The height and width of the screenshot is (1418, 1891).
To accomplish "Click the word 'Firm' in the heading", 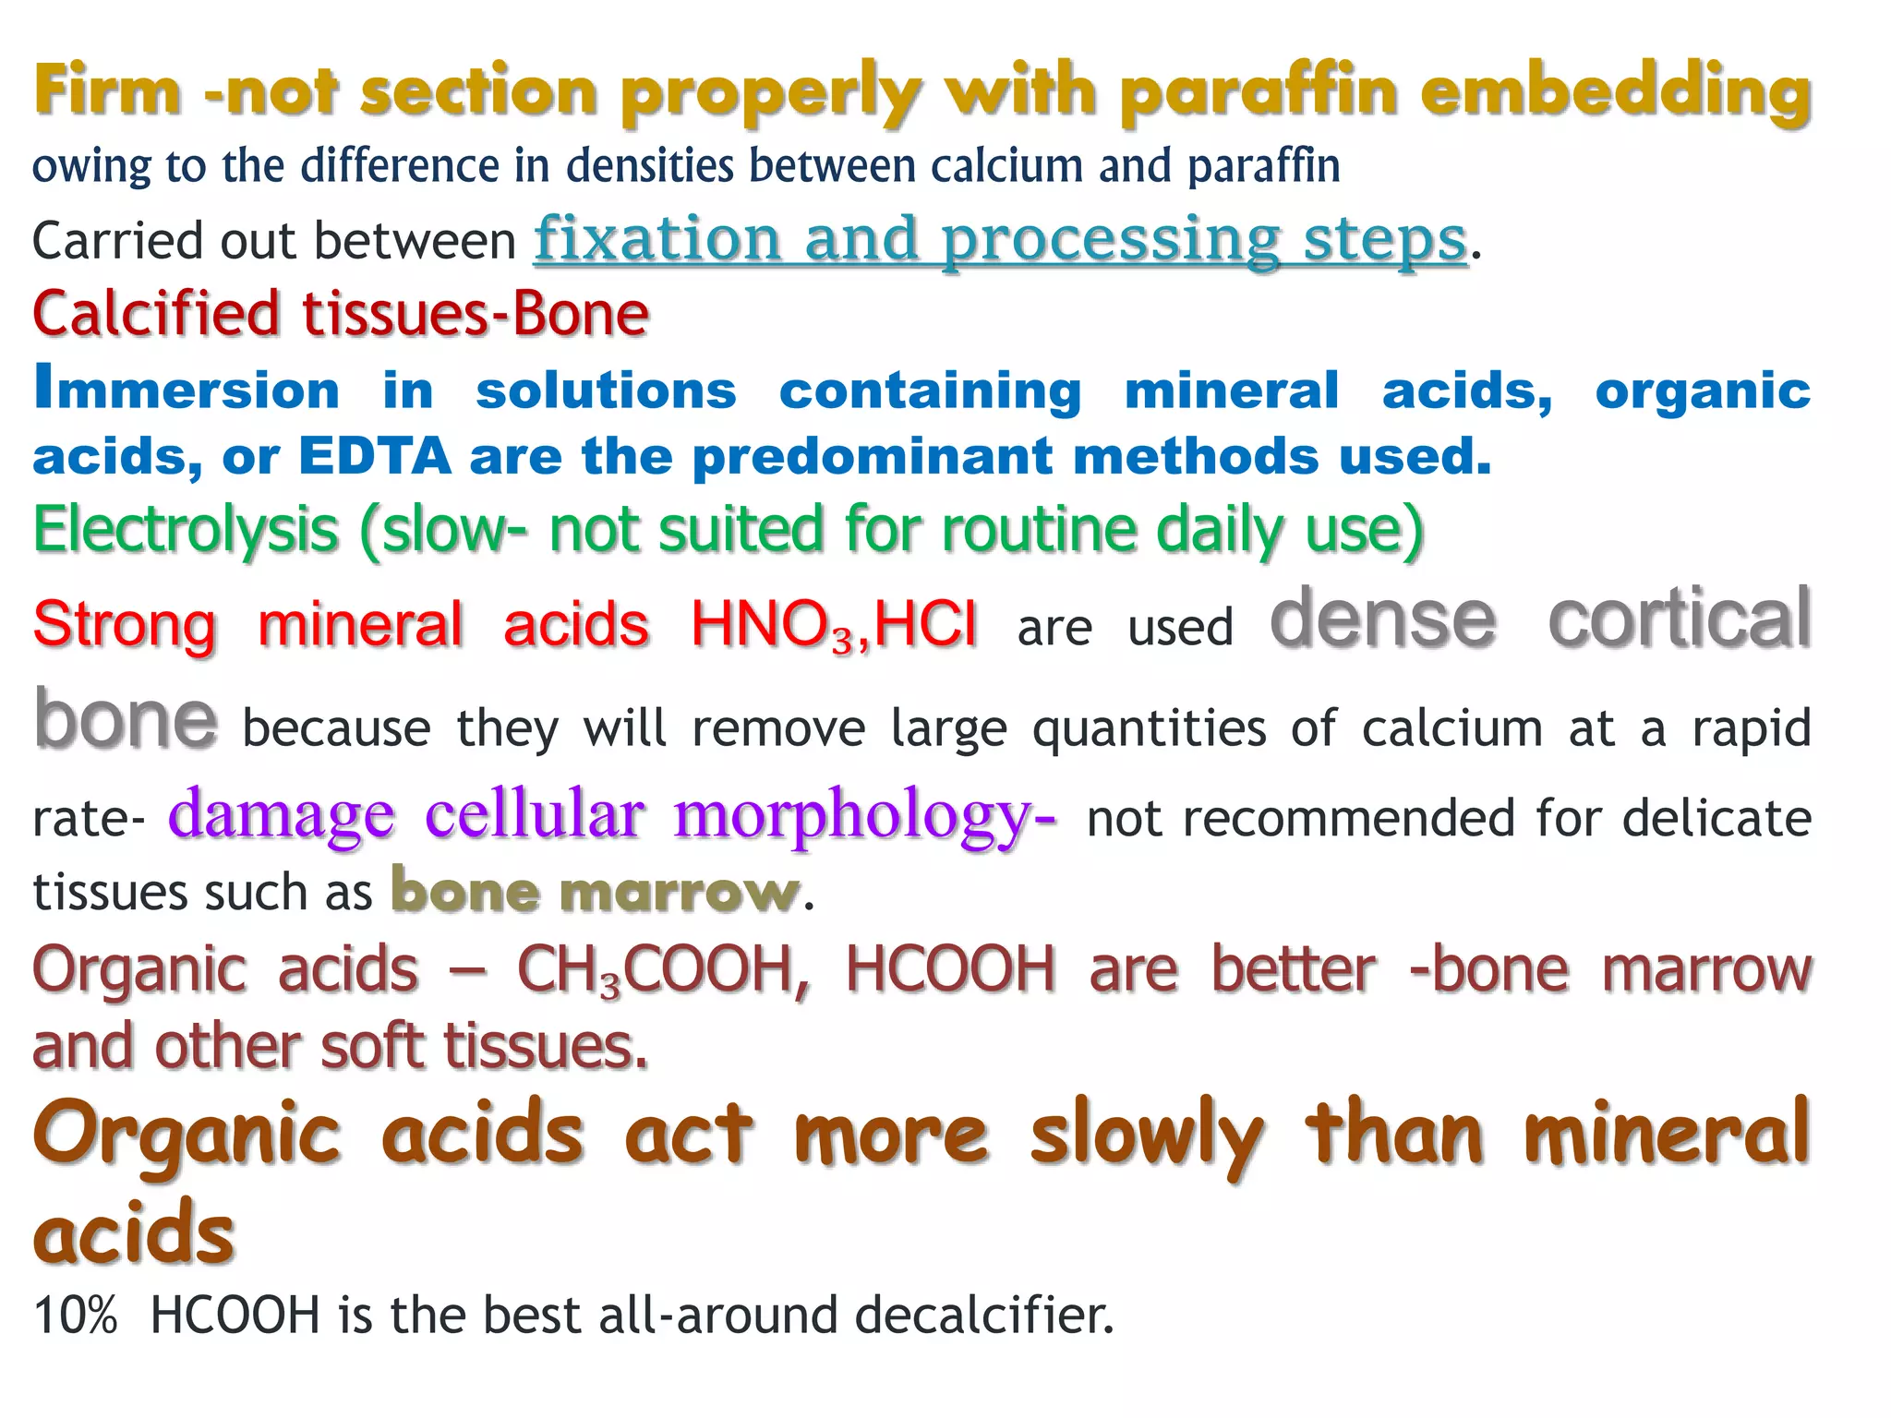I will tap(107, 92).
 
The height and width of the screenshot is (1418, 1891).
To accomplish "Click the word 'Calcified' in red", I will tap(155, 314).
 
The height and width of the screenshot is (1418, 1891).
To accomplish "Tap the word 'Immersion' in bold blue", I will tap(187, 390).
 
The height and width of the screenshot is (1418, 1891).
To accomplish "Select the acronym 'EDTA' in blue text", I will tap(375, 456).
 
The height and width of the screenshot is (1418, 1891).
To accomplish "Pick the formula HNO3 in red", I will tap(774, 626).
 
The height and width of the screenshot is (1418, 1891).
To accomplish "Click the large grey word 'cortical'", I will tap(1679, 619).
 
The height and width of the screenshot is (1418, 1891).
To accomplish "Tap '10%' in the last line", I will tap(76, 1315).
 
